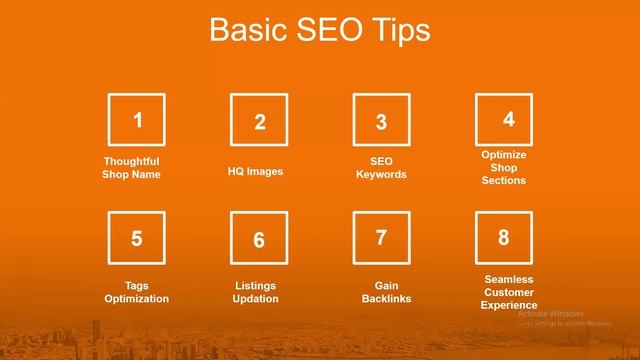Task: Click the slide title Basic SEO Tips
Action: click(319, 30)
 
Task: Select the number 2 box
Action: click(259, 122)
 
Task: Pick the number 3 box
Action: click(381, 122)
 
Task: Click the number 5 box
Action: click(137, 239)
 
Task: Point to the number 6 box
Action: click(259, 240)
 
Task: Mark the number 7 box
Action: click(381, 239)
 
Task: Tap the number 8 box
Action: click(504, 238)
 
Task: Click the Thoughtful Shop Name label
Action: click(131, 168)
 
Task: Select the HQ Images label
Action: click(255, 171)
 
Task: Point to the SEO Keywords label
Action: click(381, 168)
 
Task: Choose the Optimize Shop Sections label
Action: click(504, 168)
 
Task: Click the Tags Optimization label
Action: click(137, 292)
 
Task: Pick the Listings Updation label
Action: click(256, 292)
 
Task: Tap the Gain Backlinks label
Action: click(386, 292)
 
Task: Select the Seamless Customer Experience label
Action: click(509, 292)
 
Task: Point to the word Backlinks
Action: click(386, 299)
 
